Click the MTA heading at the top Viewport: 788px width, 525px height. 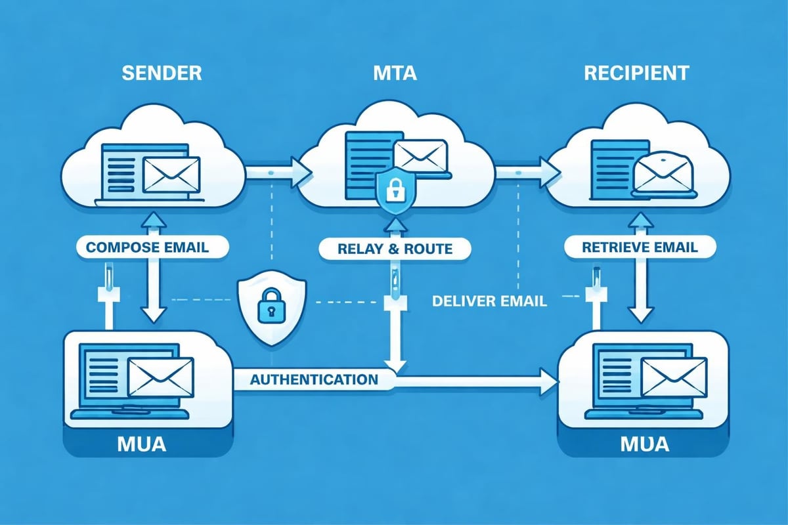point(394,73)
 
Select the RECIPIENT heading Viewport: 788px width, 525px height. point(636,73)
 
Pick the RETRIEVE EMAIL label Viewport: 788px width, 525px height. point(631,247)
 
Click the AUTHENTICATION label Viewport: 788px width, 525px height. point(314,379)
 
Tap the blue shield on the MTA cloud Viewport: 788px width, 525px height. point(395,192)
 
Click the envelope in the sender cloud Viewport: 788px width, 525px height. point(171,175)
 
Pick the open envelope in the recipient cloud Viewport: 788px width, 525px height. point(662,172)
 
